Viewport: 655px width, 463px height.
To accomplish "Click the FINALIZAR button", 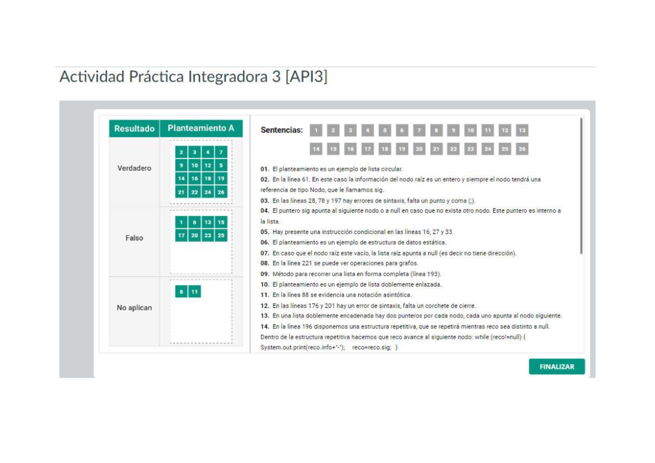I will [x=557, y=367].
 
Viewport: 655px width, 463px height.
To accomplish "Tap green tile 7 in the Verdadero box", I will [x=221, y=152].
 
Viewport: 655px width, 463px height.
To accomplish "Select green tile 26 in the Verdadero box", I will [x=221, y=192].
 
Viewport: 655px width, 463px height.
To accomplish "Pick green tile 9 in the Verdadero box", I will [x=181, y=165].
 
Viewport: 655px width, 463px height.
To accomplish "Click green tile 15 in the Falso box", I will [x=221, y=223].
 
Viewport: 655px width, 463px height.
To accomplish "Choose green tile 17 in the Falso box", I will [x=181, y=236].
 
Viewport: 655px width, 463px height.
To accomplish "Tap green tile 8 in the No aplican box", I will [x=181, y=292].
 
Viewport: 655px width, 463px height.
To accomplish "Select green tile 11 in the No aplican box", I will [x=194, y=292].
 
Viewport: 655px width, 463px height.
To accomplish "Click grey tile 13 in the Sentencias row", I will [x=522, y=130].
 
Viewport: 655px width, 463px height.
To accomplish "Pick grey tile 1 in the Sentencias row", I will [x=316, y=130].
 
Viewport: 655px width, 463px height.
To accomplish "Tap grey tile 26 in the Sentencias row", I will [x=522, y=148].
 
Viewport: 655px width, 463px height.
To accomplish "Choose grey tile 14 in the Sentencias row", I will [x=316, y=148].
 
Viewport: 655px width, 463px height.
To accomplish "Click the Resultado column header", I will [x=134, y=129].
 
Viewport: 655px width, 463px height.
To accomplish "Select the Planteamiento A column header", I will [x=201, y=129].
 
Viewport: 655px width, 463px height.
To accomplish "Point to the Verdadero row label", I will [x=134, y=168].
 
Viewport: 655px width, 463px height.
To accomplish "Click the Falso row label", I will [x=134, y=238].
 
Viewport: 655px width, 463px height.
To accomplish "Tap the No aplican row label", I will [x=134, y=308].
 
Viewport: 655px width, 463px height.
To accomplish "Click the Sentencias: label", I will [x=282, y=130].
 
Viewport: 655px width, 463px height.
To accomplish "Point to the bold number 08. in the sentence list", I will [x=265, y=263].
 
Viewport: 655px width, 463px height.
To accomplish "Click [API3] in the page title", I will [x=306, y=77].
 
